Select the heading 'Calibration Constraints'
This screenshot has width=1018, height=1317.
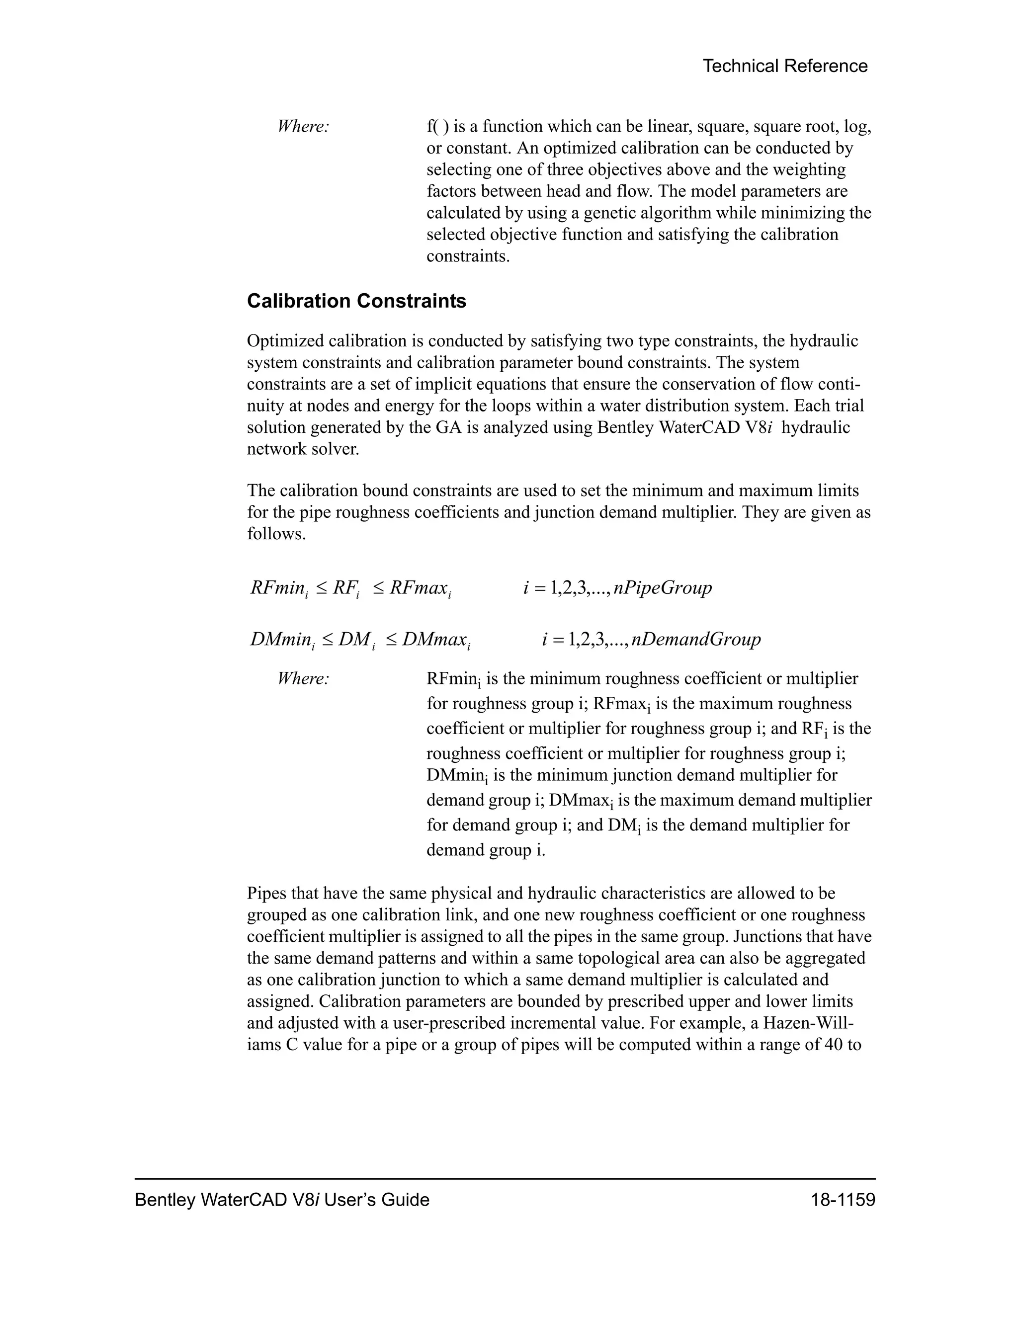pos(356,301)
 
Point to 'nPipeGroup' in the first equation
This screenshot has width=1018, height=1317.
pos(662,587)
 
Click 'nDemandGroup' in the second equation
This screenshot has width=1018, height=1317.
pos(696,639)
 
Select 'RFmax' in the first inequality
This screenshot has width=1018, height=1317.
pos(418,587)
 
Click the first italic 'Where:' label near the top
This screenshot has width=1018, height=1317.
pos(303,127)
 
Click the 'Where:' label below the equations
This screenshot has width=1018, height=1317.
pos(303,679)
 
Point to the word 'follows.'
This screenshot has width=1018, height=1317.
pos(276,534)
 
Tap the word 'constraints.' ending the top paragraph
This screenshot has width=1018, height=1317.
pos(468,256)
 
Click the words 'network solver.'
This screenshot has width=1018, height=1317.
pos(303,449)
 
